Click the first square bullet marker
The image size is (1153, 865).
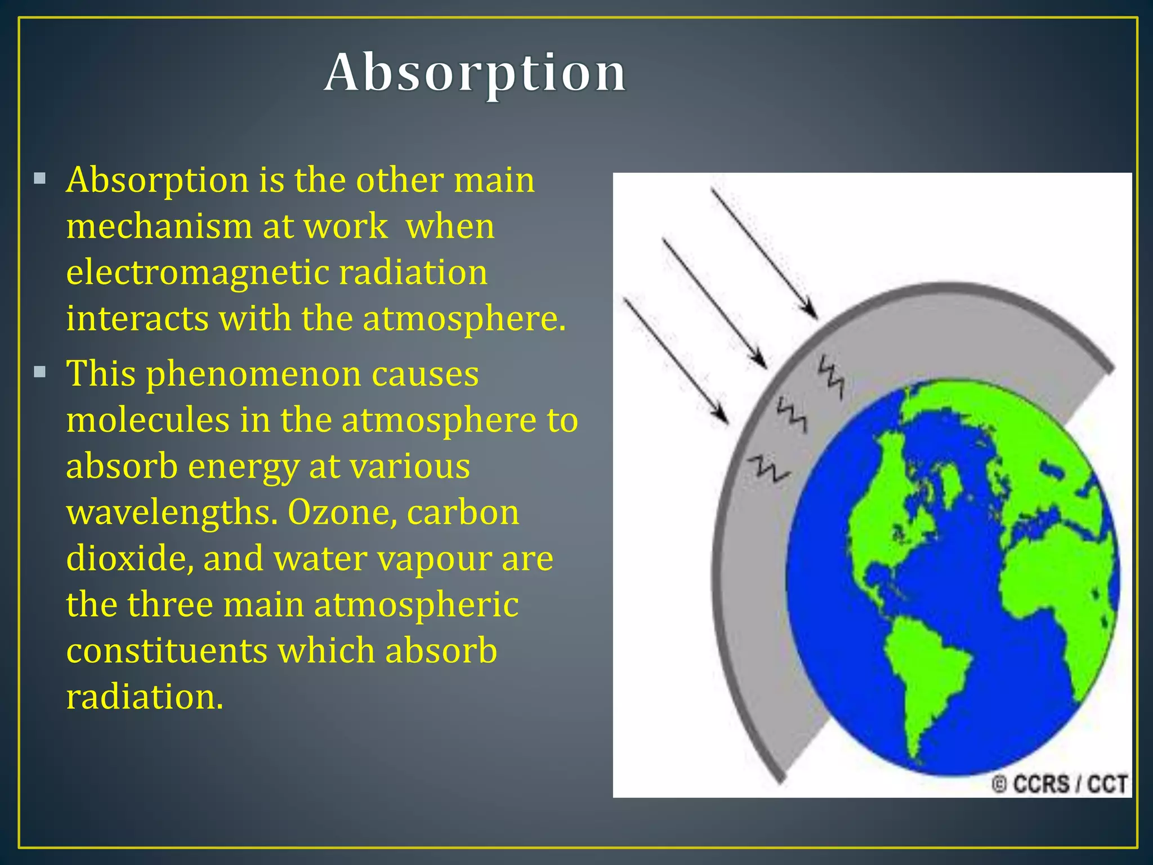39,179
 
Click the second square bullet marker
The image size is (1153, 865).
39,372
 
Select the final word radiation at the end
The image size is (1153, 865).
144,697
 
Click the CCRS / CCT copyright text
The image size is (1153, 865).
1060,784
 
